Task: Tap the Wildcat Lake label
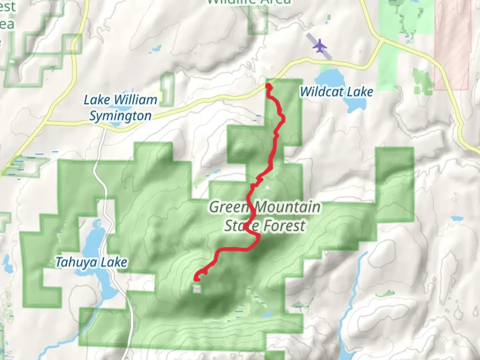pyautogui.click(x=336, y=92)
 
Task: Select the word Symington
pyautogui.click(x=120, y=116)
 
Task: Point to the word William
pyautogui.click(x=135, y=100)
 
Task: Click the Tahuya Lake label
pyautogui.click(x=91, y=262)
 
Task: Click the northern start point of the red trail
pyautogui.click(x=268, y=86)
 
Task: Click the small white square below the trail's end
pyautogui.click(x=197, y=289)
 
